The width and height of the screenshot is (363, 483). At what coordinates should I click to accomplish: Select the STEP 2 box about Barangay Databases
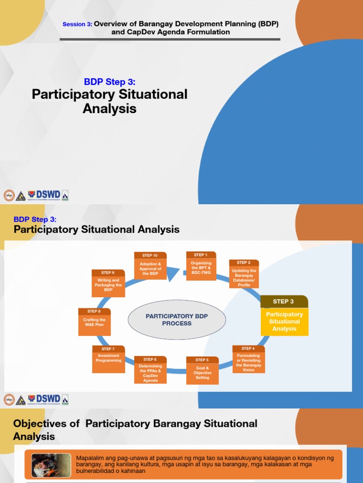tap(244, 275)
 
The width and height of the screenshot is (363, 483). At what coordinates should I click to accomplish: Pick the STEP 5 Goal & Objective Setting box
tap(202, 371)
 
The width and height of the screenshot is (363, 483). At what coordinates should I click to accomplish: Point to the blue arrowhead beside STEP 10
tap(173, 273)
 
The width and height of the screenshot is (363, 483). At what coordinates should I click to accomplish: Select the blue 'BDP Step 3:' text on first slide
tap(109, 82)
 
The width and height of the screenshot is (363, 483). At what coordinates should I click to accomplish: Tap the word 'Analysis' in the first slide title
tap(110, 109)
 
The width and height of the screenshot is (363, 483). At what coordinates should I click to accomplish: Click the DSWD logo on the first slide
tap(48, 195)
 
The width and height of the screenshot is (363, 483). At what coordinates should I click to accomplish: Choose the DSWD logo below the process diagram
tap(48, 399)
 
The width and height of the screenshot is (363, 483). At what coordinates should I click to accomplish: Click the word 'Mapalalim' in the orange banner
tap(90, 458)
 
